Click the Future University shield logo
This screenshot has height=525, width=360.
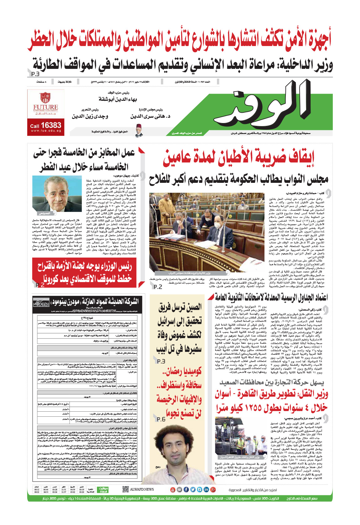pos(45,97)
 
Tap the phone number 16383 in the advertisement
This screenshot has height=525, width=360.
pos(51,126)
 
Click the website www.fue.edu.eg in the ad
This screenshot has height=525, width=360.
pos(46,131)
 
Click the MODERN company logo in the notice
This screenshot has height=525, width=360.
pos(41,303)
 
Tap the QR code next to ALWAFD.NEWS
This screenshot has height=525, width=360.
pos(126,489)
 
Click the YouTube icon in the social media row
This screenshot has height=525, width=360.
pos(173,489)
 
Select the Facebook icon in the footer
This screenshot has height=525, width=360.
pos(186,489)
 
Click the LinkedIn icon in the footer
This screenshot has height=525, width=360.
pos(206,489)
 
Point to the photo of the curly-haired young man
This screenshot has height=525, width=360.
pos(169,457)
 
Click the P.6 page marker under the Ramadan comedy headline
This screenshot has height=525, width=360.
pos(161,419)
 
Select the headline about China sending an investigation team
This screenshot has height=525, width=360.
pos(179,327)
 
